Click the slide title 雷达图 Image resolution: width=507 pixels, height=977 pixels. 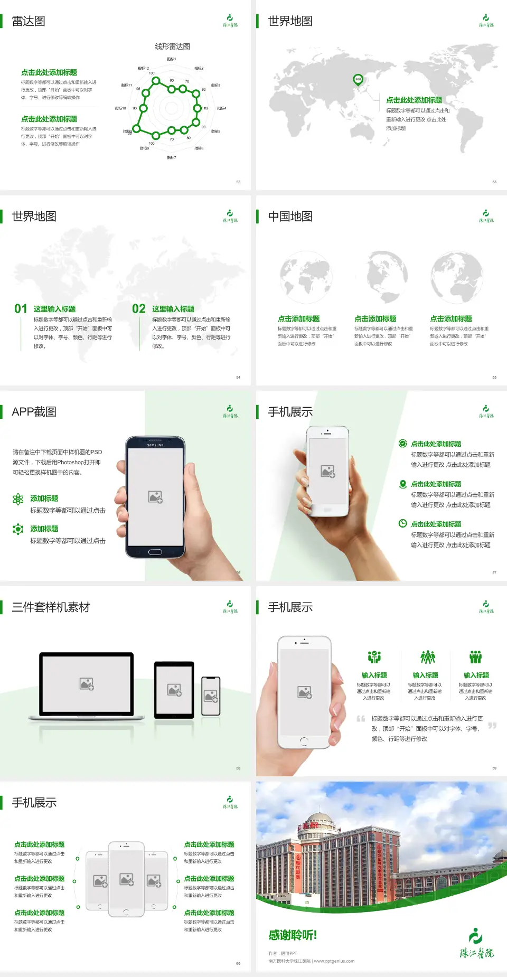tap(29, 21)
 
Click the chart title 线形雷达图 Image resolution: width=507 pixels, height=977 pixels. tap(172, 46)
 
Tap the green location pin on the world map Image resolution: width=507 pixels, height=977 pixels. tap(358, 80)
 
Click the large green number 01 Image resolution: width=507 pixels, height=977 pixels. tap(21, 309)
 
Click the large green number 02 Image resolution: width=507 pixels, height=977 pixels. tap(139, 309)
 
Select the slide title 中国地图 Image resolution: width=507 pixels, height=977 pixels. tap(290, 217)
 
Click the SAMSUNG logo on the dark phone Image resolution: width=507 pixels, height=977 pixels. tap(155, 445)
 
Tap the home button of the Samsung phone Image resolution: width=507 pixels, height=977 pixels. tap(155, 552)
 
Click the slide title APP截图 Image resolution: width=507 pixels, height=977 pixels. tap(34, 412)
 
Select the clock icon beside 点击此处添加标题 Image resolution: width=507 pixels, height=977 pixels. tap(402, 523)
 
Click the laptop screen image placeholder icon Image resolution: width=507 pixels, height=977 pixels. tap(87, 684)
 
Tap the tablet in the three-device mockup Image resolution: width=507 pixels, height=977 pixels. tap(174, 689)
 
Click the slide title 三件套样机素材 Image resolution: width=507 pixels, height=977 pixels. tap(51, 607)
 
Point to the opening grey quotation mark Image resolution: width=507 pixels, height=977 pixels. tap(361, 719)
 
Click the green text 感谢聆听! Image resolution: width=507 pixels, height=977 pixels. tap(293, 935)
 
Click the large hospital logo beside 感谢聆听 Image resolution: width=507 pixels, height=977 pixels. tap(476, 944)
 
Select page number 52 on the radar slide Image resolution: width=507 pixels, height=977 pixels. tap(238, 182)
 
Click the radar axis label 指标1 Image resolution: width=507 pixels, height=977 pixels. tap(172, 59)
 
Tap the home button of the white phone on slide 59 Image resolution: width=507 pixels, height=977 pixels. tap(304, 741)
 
